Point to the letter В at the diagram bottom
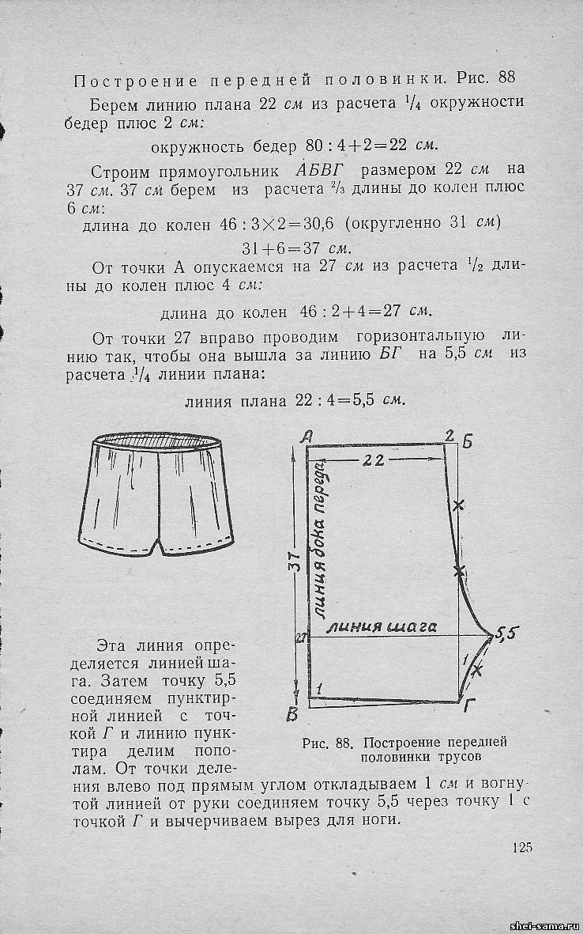(x=291, y=717)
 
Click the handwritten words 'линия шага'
(x=382, y=627)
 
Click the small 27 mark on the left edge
(x=300, y=637)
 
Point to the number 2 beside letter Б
(x=449, y=436)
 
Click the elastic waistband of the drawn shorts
(x=158, y=442)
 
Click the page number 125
(x=522, y=848)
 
